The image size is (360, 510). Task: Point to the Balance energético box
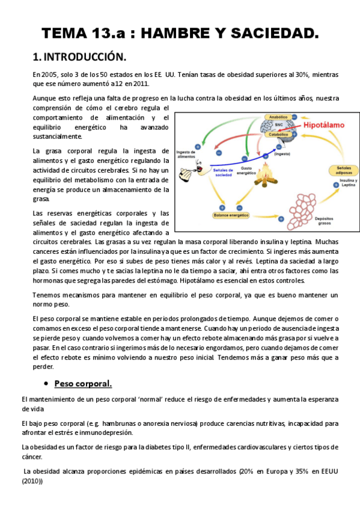pos(231,215)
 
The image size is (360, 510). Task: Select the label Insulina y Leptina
pos(347,184)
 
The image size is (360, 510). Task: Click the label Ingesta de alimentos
pos(186,155)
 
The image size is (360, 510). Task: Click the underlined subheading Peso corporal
pos(83,383)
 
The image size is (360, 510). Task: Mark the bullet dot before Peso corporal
pos(46,384)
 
